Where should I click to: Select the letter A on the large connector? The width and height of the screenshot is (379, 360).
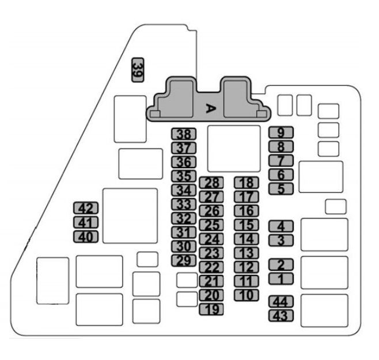[210, 108]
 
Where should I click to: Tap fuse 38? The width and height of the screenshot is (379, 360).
[184, 134]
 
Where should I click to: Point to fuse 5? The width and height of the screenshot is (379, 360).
[281, 188]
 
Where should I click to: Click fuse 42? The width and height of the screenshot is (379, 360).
[86, 209]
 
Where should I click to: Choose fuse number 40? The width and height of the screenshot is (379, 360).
[86, 236]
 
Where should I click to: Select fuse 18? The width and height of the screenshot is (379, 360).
[247, 183]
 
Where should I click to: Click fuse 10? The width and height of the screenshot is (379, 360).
[247, 295]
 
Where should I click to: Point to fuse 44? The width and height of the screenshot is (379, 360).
[281, 302]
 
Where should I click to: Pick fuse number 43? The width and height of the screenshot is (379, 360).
[281, 316]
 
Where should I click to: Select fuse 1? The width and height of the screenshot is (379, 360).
[281, 279]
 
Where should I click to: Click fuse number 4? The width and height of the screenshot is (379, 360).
[281, 226]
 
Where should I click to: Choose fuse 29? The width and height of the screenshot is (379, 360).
[184, 260]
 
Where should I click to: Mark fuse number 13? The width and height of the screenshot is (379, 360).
[247, 253]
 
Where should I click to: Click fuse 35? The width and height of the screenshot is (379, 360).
[184, 176]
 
